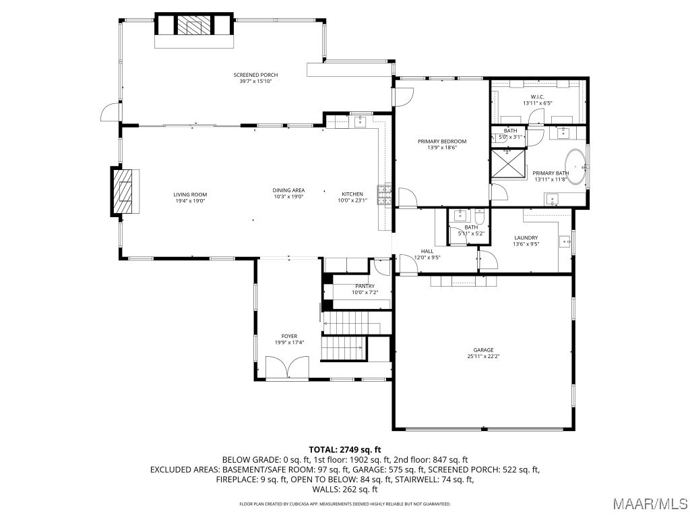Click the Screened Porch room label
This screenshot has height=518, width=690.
coord(255,75)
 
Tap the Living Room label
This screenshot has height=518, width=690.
coord(190,195)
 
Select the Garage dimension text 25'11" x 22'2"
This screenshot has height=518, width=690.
coord(484,356)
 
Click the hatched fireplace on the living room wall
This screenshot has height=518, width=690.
coord(123,191)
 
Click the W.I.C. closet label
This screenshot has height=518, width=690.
coord(537,97)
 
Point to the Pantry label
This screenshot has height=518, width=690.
coord(365,286)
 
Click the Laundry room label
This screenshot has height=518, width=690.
coord(526,238)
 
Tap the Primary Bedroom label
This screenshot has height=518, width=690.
coord(442,142)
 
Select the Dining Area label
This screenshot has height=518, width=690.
coord(288,191)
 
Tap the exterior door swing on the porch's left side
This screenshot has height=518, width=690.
coord(110,112)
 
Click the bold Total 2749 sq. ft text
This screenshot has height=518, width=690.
coord(345,450)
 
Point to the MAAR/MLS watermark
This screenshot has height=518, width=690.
coord(650,503)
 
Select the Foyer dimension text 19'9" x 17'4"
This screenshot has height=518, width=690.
coord(289,342)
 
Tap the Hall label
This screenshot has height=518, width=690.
coord(427,252)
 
